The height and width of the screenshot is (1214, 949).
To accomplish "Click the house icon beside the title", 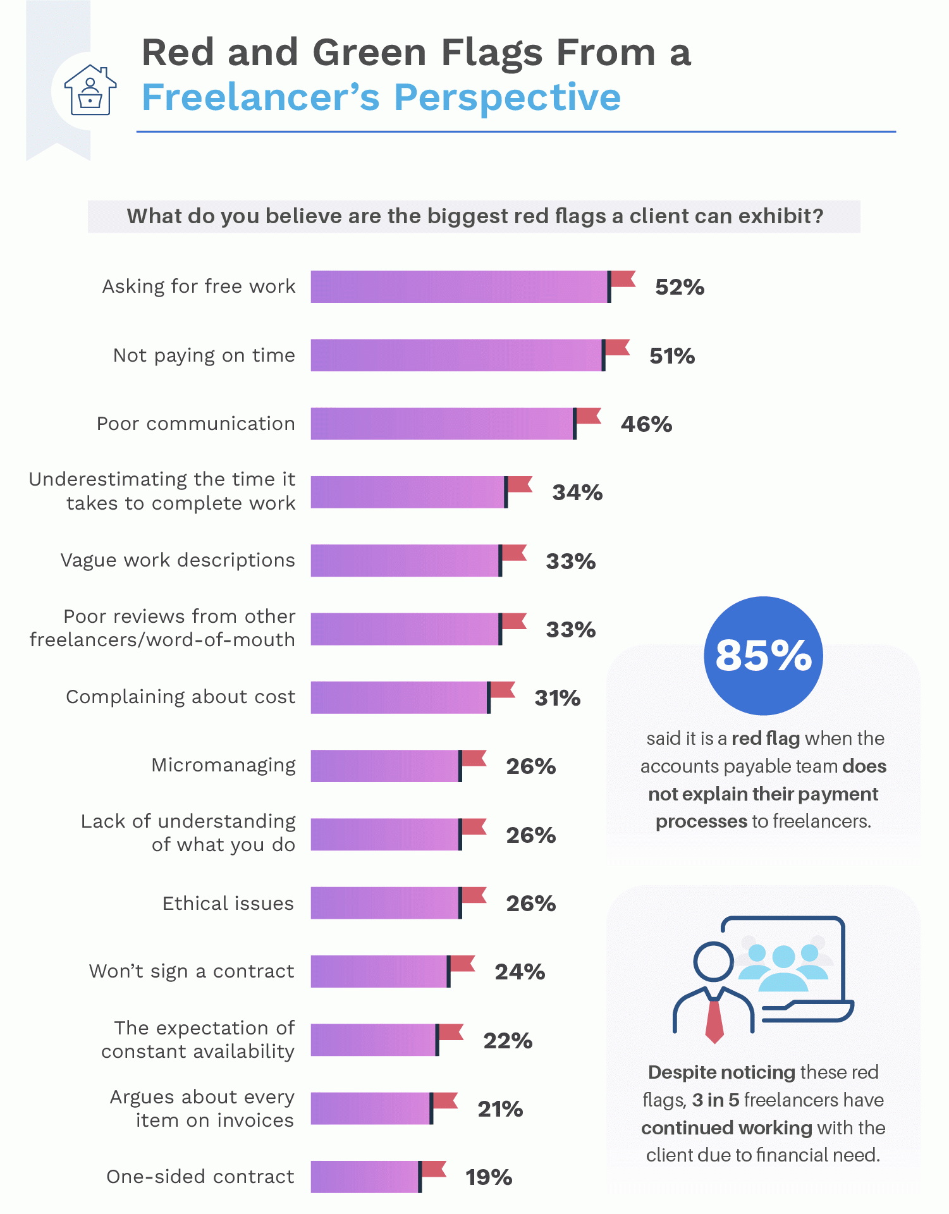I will coord(90,90).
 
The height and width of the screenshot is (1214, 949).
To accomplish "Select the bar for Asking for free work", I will coord(459,287).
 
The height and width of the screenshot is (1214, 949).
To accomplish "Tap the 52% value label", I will coord(679,288).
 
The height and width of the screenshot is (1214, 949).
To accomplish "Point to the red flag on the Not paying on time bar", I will coord(618,347).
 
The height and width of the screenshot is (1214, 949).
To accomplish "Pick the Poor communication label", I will coord(195,424).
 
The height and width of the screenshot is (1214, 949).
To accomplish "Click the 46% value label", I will coord(646,424).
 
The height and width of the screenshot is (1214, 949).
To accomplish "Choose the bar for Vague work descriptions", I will coord(405,561).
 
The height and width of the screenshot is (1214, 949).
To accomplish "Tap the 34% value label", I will coord(577,493).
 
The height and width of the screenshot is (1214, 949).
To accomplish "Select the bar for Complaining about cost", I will coord(399,697).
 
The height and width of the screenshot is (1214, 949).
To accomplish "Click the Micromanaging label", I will coord(223,765).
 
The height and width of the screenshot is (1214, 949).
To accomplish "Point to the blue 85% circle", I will coord(763,656).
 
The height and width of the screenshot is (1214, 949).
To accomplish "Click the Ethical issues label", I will coord(228,904).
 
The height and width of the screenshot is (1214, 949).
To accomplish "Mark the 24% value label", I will coord(520,972).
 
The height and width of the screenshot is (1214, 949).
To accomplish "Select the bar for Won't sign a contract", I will coord(379,972).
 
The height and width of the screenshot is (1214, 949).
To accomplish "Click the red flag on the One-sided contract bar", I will coord(434,1169).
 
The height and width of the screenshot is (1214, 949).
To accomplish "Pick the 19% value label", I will coord(489,1177).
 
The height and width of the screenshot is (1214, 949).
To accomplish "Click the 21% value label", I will coord(500,1109).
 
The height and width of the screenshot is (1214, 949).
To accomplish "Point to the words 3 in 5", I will coord(715,1100).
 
